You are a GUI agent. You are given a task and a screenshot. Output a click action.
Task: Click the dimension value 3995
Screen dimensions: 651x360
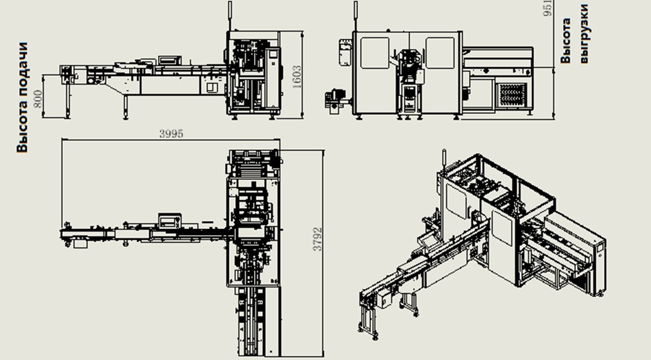(171, 134)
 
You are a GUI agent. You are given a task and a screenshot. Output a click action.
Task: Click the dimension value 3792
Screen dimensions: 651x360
(318, 238)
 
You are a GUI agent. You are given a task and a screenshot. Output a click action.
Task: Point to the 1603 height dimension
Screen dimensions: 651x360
(297, 77)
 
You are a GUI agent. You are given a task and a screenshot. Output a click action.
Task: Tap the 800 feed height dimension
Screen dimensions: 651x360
(38, 99)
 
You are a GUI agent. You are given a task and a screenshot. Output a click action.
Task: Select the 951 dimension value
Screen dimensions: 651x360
(548, 8)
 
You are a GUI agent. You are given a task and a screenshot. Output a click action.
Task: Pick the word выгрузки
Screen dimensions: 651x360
(584, 34)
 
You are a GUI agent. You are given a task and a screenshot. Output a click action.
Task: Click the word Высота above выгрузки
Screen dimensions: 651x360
(566, 41)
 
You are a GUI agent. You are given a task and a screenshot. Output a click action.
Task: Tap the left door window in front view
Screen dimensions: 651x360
(374, 53)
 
